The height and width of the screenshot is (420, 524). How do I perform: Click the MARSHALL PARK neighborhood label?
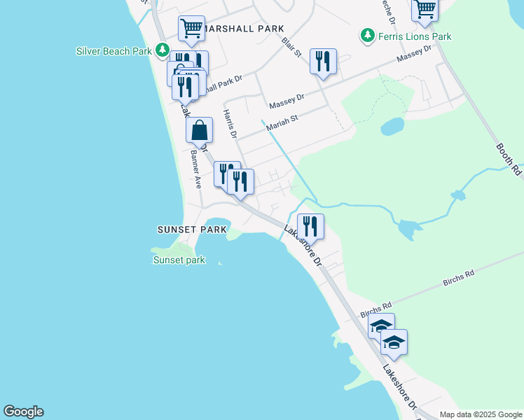(x=245, y=29)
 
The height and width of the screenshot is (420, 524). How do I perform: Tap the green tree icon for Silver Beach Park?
(x=163, y=50)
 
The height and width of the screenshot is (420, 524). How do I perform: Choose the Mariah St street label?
(x=282, y=119)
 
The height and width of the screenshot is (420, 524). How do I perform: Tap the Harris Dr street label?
(x=230, y=123)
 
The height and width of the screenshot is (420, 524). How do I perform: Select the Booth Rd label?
(x=509, y=159)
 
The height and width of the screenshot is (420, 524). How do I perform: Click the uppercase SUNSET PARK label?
(x=192, y=230)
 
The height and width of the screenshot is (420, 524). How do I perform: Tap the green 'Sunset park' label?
(x=179, y=260)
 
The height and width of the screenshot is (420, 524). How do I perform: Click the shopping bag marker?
(x=200, y=129)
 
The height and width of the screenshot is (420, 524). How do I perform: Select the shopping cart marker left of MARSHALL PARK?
(x=191, y=29)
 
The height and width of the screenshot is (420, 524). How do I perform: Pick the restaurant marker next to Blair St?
(x=323, y=61)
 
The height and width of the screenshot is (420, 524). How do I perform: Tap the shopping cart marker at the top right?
(x=425, y=9)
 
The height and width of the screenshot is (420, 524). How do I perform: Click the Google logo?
(x=23, y=412)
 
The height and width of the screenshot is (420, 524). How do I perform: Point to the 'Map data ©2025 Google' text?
(x=480, y=414)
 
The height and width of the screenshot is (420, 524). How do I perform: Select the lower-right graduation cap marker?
(x=394, y=342)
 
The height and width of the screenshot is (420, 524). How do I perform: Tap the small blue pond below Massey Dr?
(x=392, y=127)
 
